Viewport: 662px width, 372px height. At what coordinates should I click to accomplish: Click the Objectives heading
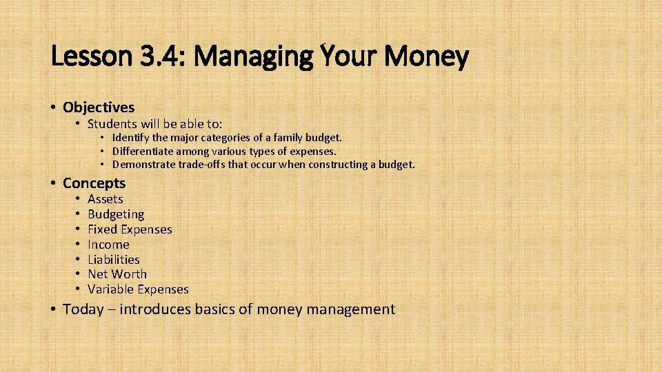point(99,107)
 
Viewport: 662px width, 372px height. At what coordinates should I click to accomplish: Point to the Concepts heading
point(94,183)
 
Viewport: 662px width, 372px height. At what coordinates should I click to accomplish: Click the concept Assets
point(106,199)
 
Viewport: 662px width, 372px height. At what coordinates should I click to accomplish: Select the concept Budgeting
point(116,214)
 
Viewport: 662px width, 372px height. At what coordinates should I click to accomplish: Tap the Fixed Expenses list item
point(130,229)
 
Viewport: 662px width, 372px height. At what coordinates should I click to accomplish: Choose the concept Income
point(108,245)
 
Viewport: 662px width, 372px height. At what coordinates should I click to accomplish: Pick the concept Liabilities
point(114,260)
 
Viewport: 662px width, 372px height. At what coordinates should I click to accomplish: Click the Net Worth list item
point(117,274)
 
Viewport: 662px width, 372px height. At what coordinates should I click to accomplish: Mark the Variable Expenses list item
point(138,289)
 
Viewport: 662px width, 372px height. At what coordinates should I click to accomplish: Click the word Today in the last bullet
point(83,309)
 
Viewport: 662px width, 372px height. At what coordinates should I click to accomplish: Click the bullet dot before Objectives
point(53,107)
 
